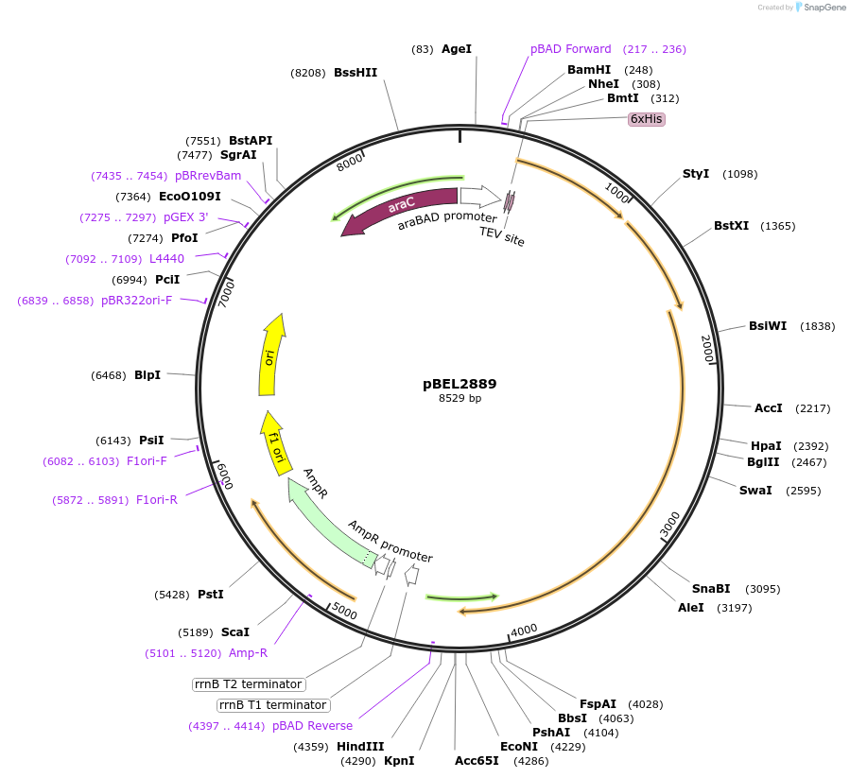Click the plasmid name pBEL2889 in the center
(460, 384)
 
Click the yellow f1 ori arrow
(275, 445)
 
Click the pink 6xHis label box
(647, 119)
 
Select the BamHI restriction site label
(589, 70)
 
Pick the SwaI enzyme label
(755, 491)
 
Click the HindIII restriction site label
(360, 747)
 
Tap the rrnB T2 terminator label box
(249, 684)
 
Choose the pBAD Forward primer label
(570, 49)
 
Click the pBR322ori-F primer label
(137, 301)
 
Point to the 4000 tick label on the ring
(524, 631)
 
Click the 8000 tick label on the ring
(350, 163)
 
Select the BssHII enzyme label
(356, 73)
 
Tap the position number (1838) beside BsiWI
(817, 326)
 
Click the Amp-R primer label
(248, 653)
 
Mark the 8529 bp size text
(460, 399)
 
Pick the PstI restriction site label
(211, 595)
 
